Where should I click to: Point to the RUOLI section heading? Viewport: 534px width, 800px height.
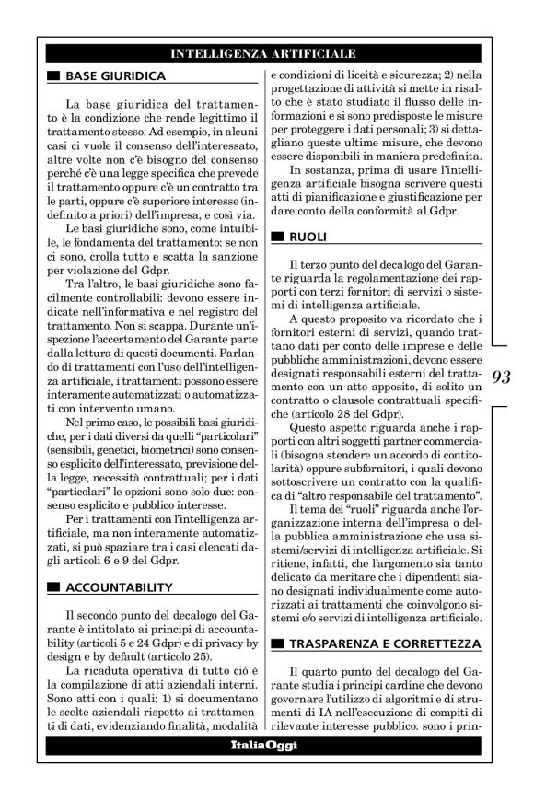point(308,237)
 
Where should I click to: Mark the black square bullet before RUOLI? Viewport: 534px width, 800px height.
point(278,238)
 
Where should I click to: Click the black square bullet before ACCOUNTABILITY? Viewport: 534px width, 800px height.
point(54,562)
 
